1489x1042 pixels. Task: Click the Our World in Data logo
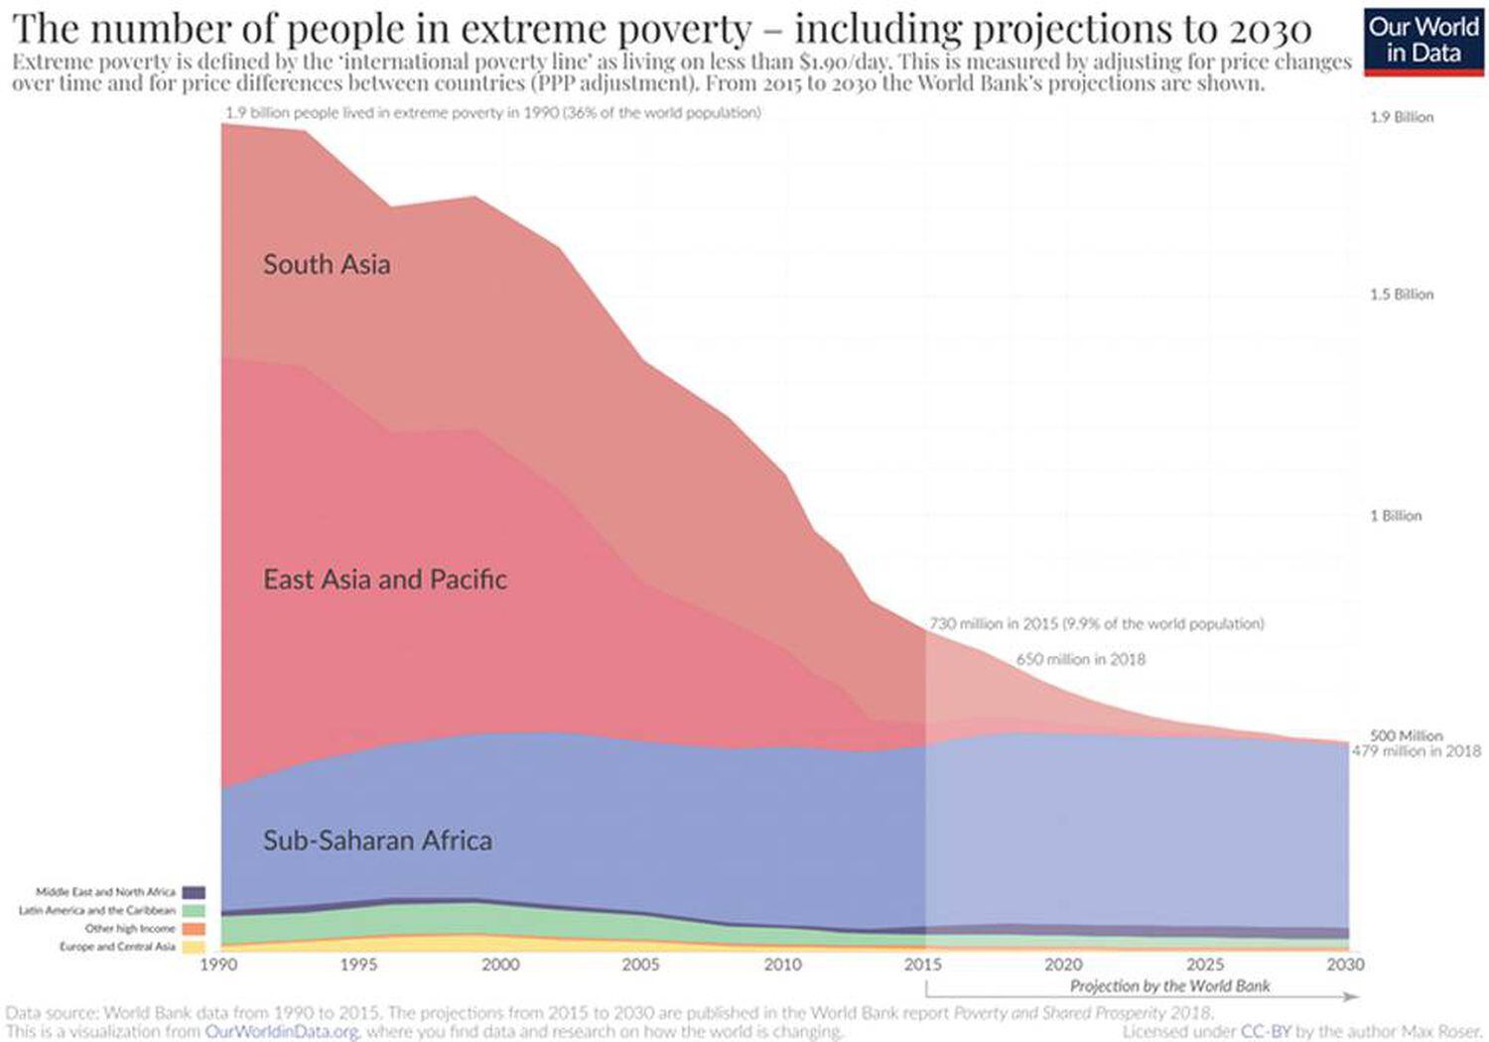tap(1423, 40)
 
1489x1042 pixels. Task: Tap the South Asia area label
tap(327, 265)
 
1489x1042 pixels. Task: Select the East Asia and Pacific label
tap(384, 580)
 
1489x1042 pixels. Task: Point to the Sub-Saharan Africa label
tap(377, 841)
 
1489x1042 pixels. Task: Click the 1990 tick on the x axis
tap(218, 964)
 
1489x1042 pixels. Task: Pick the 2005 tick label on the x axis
tap(640, 964)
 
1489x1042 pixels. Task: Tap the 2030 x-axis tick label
tap(1345, 964)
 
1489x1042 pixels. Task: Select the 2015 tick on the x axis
tap(923, 964)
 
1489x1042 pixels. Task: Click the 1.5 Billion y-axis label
tap(1402, 295)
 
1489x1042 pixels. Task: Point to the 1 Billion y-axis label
tap(1396, 516)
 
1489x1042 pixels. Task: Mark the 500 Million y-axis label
tap(1406, 735)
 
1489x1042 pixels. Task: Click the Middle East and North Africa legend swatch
tap(194, 892)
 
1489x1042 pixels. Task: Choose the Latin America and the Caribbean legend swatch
tap(194, 910)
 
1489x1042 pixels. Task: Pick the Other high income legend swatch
tap(194, 929)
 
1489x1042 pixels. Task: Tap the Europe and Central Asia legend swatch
tap(194, 947)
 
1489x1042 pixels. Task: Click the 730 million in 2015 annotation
tap(1096, 624)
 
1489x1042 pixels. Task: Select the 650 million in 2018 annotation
tap(1080, 659)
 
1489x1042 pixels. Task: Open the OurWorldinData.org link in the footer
tap(282, 1032)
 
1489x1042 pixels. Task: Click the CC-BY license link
tap(1266, 1032)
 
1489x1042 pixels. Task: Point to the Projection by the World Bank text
tap(1169, 985)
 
